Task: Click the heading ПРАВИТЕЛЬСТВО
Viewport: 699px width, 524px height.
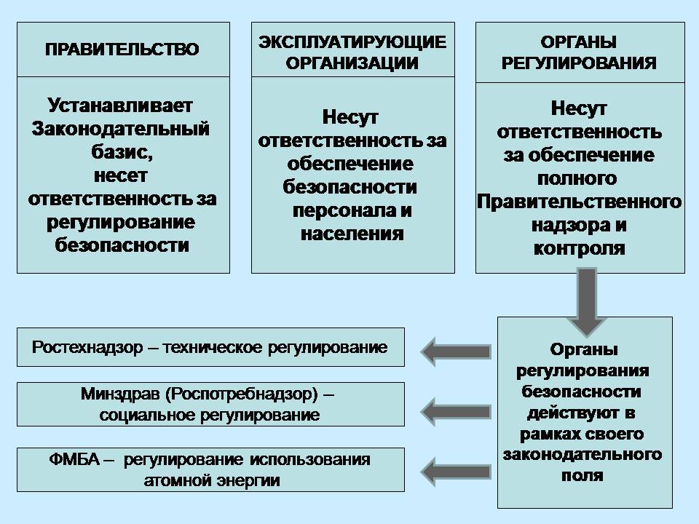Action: pos(122,49)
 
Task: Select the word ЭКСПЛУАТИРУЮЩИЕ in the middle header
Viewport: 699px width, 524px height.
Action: pos(352,42)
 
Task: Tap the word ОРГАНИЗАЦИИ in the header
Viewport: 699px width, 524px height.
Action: pos(352,63)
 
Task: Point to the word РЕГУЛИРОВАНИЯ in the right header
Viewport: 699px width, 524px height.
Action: pos(579,63)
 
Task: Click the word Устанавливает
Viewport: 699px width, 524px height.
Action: pos(120,106)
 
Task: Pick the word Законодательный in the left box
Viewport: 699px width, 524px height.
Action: pos(120,129)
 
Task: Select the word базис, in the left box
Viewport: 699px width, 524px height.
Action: pos(122,152)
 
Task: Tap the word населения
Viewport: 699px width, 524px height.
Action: pos(352,234)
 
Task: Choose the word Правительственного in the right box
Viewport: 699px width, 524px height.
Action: pos(579,202)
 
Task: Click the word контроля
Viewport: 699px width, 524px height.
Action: pos(579,249)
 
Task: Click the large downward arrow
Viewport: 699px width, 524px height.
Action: pos(587,301)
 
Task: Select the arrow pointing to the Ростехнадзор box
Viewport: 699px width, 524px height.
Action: pos(456,352)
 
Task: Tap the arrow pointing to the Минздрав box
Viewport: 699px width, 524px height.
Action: pos(456,411)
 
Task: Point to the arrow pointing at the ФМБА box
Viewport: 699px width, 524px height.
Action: pos(456,472)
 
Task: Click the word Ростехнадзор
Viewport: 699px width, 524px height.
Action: pos(87,347)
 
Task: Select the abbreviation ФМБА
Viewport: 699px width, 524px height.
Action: pos(74,459)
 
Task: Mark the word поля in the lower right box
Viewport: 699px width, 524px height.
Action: pos(582,475)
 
